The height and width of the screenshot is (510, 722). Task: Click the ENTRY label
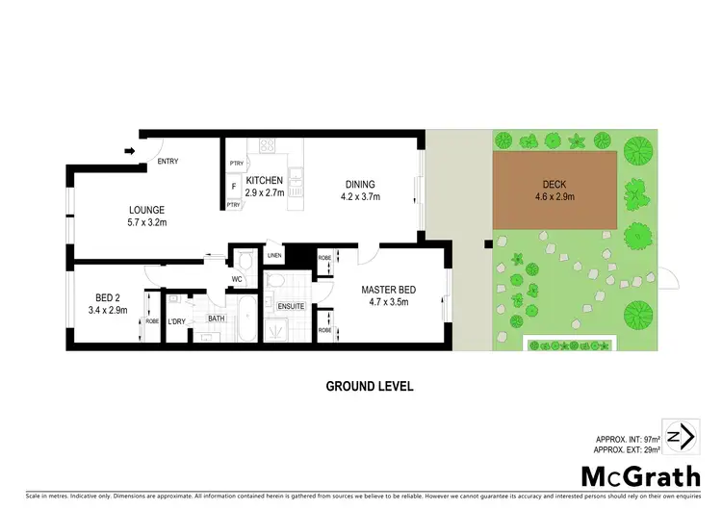168,162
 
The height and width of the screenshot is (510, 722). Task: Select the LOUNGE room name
147,210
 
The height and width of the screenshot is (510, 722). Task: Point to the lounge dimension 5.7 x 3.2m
147,222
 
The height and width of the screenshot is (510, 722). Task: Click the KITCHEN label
264,181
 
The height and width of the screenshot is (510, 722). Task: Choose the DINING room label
357,185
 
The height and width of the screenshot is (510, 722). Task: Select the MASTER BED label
387,290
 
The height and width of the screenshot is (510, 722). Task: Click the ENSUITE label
291,306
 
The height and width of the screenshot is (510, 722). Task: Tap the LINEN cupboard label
274,256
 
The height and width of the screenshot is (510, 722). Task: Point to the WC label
235,281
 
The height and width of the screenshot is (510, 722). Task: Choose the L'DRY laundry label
176,321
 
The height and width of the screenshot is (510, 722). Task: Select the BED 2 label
106,298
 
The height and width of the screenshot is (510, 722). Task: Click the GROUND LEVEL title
370,386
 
